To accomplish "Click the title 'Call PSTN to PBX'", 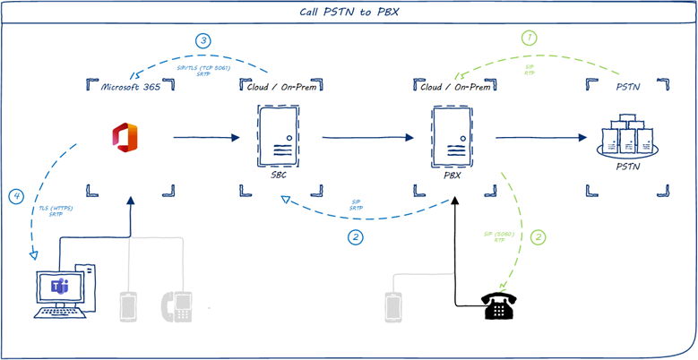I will [x=349, y=13].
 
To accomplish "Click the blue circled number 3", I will [x=204, y=40].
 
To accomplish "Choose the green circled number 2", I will [x=538, y=237].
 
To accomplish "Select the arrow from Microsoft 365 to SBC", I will [x=205, y=138].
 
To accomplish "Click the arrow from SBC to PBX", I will [x=366, y=138].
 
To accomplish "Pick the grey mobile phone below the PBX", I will [x=391, y=306].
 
